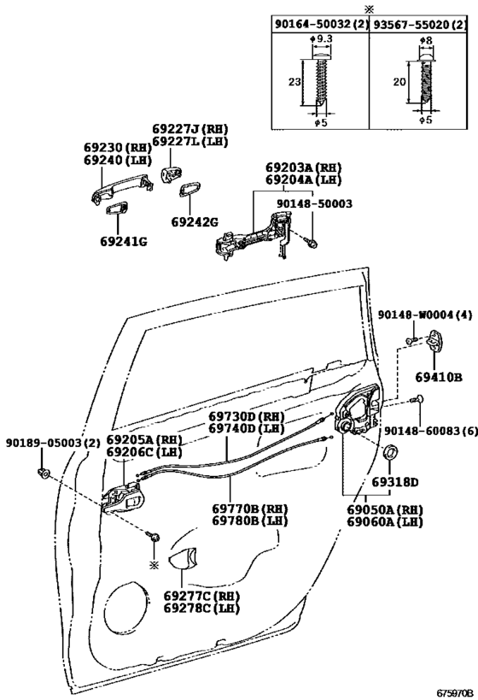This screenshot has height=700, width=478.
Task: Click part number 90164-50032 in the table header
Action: pyautogui.click(x=313, y=25)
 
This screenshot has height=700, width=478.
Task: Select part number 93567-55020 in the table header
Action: pyautogui.click(x=412, y=25)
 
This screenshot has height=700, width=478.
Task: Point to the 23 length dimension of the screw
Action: pyautogui.click(x=294, y=82)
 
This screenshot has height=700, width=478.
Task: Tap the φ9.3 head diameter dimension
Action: pyautogui.click(x=322, y=39)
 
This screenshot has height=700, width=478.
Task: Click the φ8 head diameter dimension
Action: pyautogui.click(x=426, y=40)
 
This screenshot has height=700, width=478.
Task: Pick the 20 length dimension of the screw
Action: pyautogui.click(x=399, y=82)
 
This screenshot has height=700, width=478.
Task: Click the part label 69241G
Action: pyautogui.click(x=124, y=242)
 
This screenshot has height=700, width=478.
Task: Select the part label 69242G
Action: pyautogui.click(x=195, y=221)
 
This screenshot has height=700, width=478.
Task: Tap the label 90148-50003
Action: pyautogui.click(x=314, y=203)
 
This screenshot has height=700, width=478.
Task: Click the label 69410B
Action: pyautogui.click(x=439, y=377)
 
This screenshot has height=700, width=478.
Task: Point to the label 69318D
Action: pyautogui.click(x=395, y=483)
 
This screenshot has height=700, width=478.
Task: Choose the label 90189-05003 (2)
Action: pyautogui.click(x=53, y=443)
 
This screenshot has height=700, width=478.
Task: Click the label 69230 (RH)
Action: pyautogui.click(x=118, y=148)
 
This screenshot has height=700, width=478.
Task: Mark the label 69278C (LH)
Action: pyautogui.click(x=201, y=608)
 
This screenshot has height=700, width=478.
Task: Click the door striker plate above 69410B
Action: pyautogui.click(x=435, y=342)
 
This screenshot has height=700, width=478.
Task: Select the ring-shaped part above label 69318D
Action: pyautogui.click(x=391, y=453)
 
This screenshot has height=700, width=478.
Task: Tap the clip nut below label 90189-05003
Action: pyautogui.click(x=43, y=473)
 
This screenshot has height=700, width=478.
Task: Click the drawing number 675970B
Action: pyautogui.click(x=454, y=692)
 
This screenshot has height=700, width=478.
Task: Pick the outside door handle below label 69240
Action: pyautogui.click(x=122, y=187)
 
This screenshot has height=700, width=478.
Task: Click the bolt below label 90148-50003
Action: pyautogui.click(x=312, y=244)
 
